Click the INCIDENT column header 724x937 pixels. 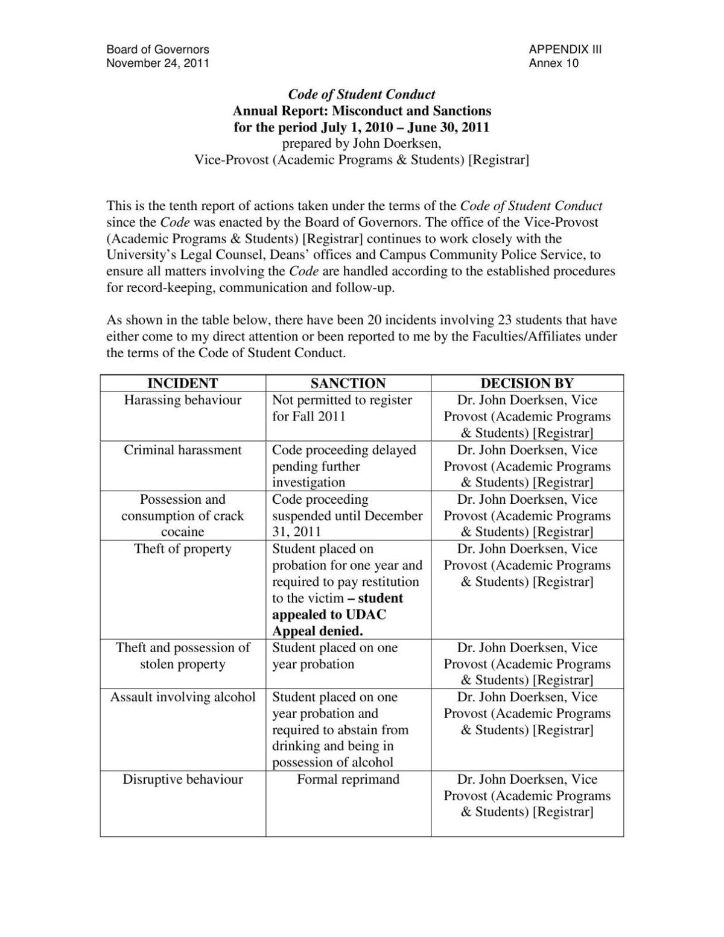182,383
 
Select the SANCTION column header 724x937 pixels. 348,383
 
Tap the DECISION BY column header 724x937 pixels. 527,383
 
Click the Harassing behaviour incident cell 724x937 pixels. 182,400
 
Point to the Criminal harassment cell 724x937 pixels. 182,450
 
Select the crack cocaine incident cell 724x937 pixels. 182,516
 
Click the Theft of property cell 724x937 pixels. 182,549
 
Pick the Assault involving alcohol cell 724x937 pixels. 182,697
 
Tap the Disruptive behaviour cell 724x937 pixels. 182,780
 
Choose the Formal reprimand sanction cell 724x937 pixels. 348,780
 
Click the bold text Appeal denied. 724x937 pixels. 317,631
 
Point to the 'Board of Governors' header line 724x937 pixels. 157,49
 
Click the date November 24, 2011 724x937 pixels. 157,63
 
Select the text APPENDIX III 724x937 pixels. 565,49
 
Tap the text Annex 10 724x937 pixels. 553,63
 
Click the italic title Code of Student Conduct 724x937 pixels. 361,94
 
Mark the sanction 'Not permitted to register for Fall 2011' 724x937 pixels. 342,408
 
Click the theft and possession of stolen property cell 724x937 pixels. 182,656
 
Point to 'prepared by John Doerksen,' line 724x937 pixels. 361,144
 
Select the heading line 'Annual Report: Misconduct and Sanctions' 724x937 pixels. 361,111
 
